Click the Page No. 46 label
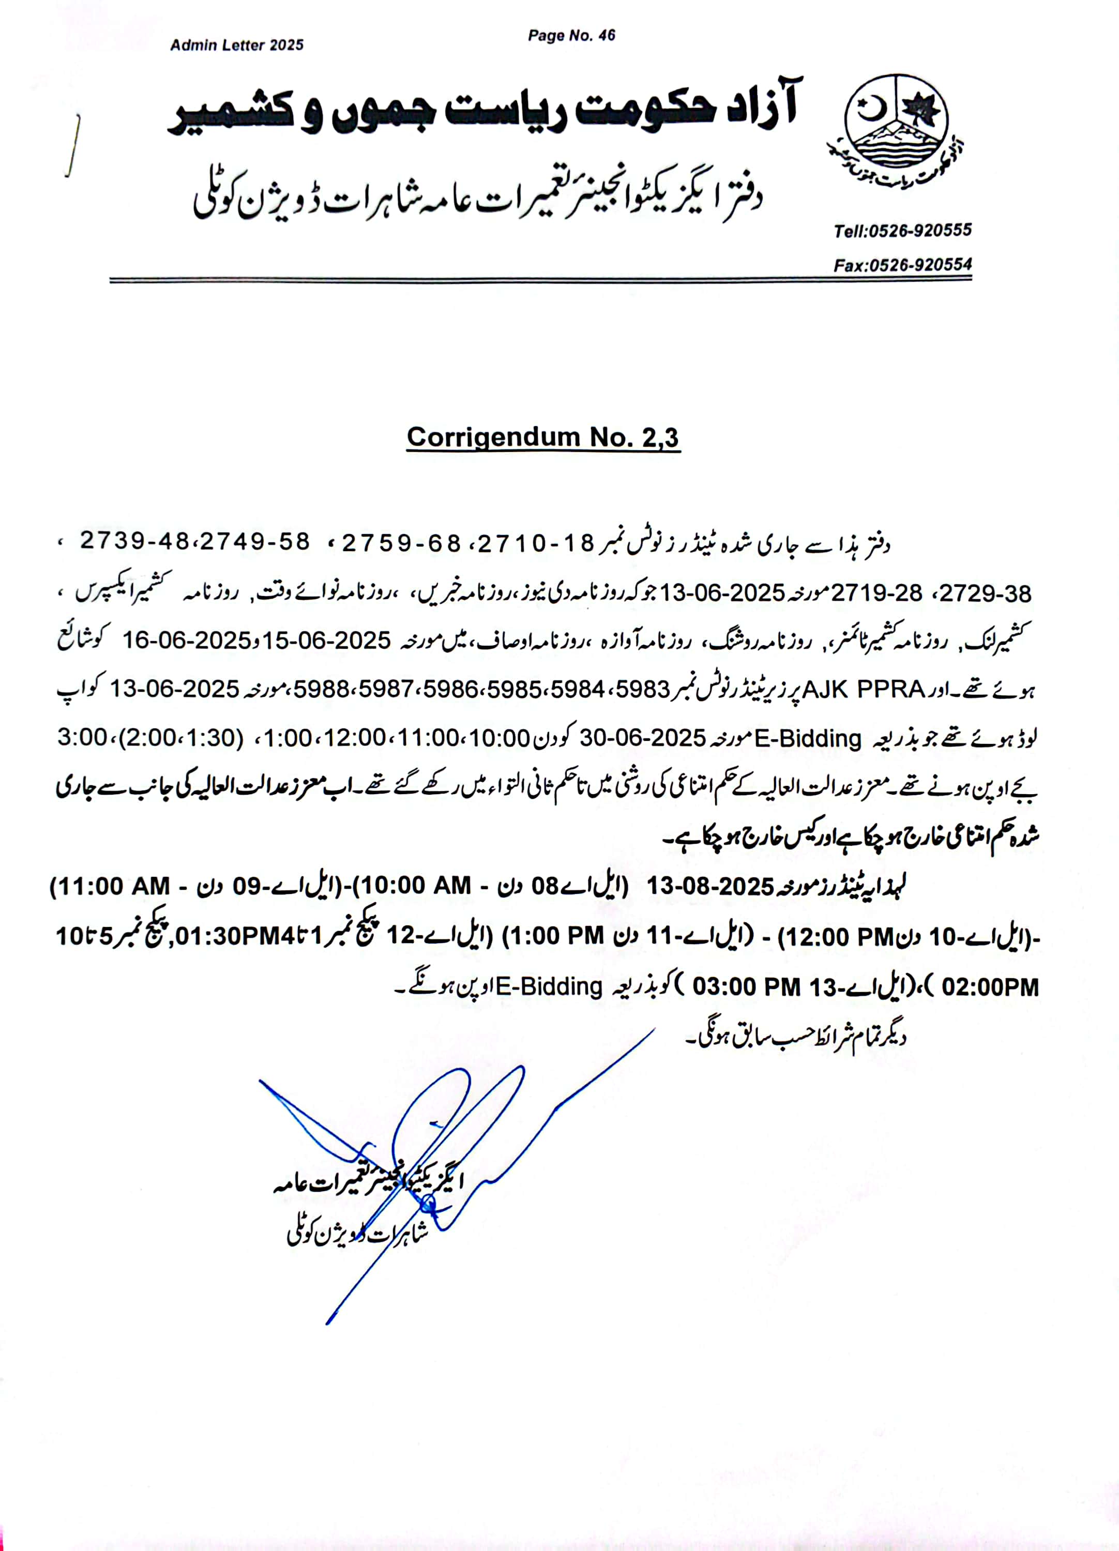tap(571, 36)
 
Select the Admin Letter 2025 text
tap(237, 45)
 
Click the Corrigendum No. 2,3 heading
tap(543, 437)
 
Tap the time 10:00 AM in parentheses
tap(417, 886)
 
